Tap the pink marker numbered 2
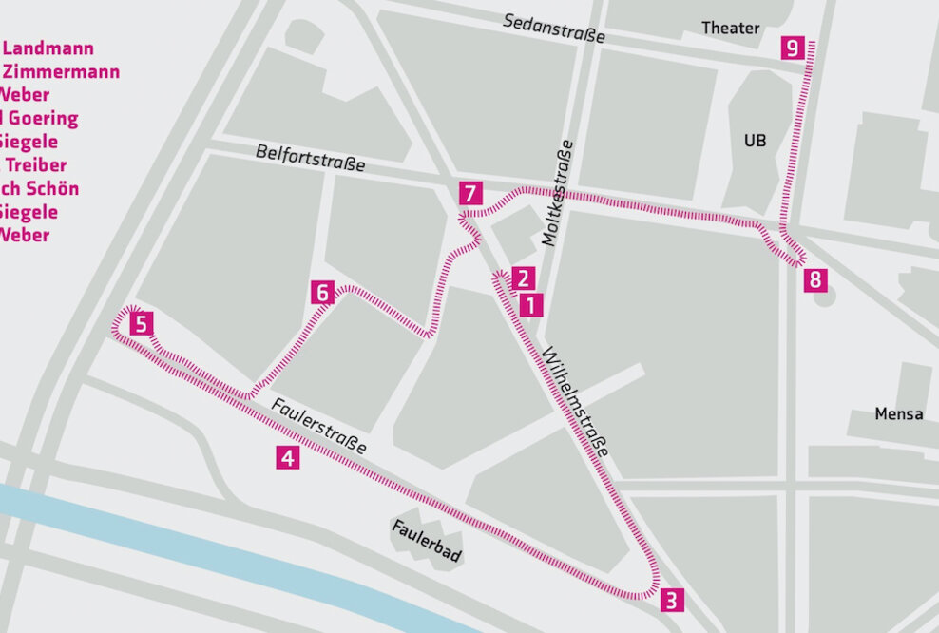click(x=522, y=278)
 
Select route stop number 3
click(x=671, y=601)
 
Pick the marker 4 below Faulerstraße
click(x=288, y=458)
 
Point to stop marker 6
click(x=323, y=293)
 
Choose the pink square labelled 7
click(x=469, y=194)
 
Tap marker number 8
click(x=814, y=280)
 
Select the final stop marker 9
click(x=793, y=48)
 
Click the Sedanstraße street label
click(x=554, y=29)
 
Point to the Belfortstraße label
click(x=310, y=159)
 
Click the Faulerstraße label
click(x=318, y=425)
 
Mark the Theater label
click(x=730, y=29)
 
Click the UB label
click(x=755, y=141)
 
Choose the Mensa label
click(x=898, y=414)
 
